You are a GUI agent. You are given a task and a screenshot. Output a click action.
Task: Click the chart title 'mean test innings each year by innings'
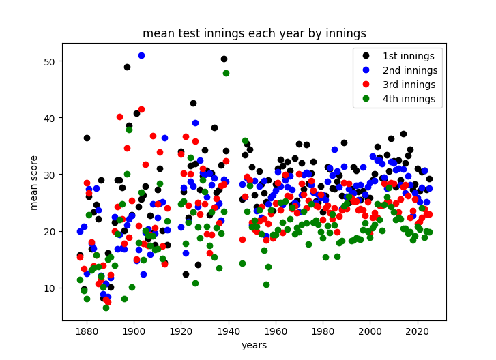254,33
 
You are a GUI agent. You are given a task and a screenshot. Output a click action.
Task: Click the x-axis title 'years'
254,346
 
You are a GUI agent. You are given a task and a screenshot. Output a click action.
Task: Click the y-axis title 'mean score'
33,182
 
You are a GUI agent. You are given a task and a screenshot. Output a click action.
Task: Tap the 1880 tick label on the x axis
86,332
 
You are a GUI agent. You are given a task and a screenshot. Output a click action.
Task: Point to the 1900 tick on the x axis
134,332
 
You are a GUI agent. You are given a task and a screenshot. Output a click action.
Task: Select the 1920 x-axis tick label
181,332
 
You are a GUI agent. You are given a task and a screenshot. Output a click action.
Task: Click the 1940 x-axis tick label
228,332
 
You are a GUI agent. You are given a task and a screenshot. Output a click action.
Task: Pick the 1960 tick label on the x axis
276,332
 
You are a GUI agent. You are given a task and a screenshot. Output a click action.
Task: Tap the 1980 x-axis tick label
323,332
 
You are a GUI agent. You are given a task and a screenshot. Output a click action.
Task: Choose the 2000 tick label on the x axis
370,332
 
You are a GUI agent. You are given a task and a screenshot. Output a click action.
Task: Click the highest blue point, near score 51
141,55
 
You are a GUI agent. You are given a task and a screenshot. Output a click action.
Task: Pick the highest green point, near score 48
226,73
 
